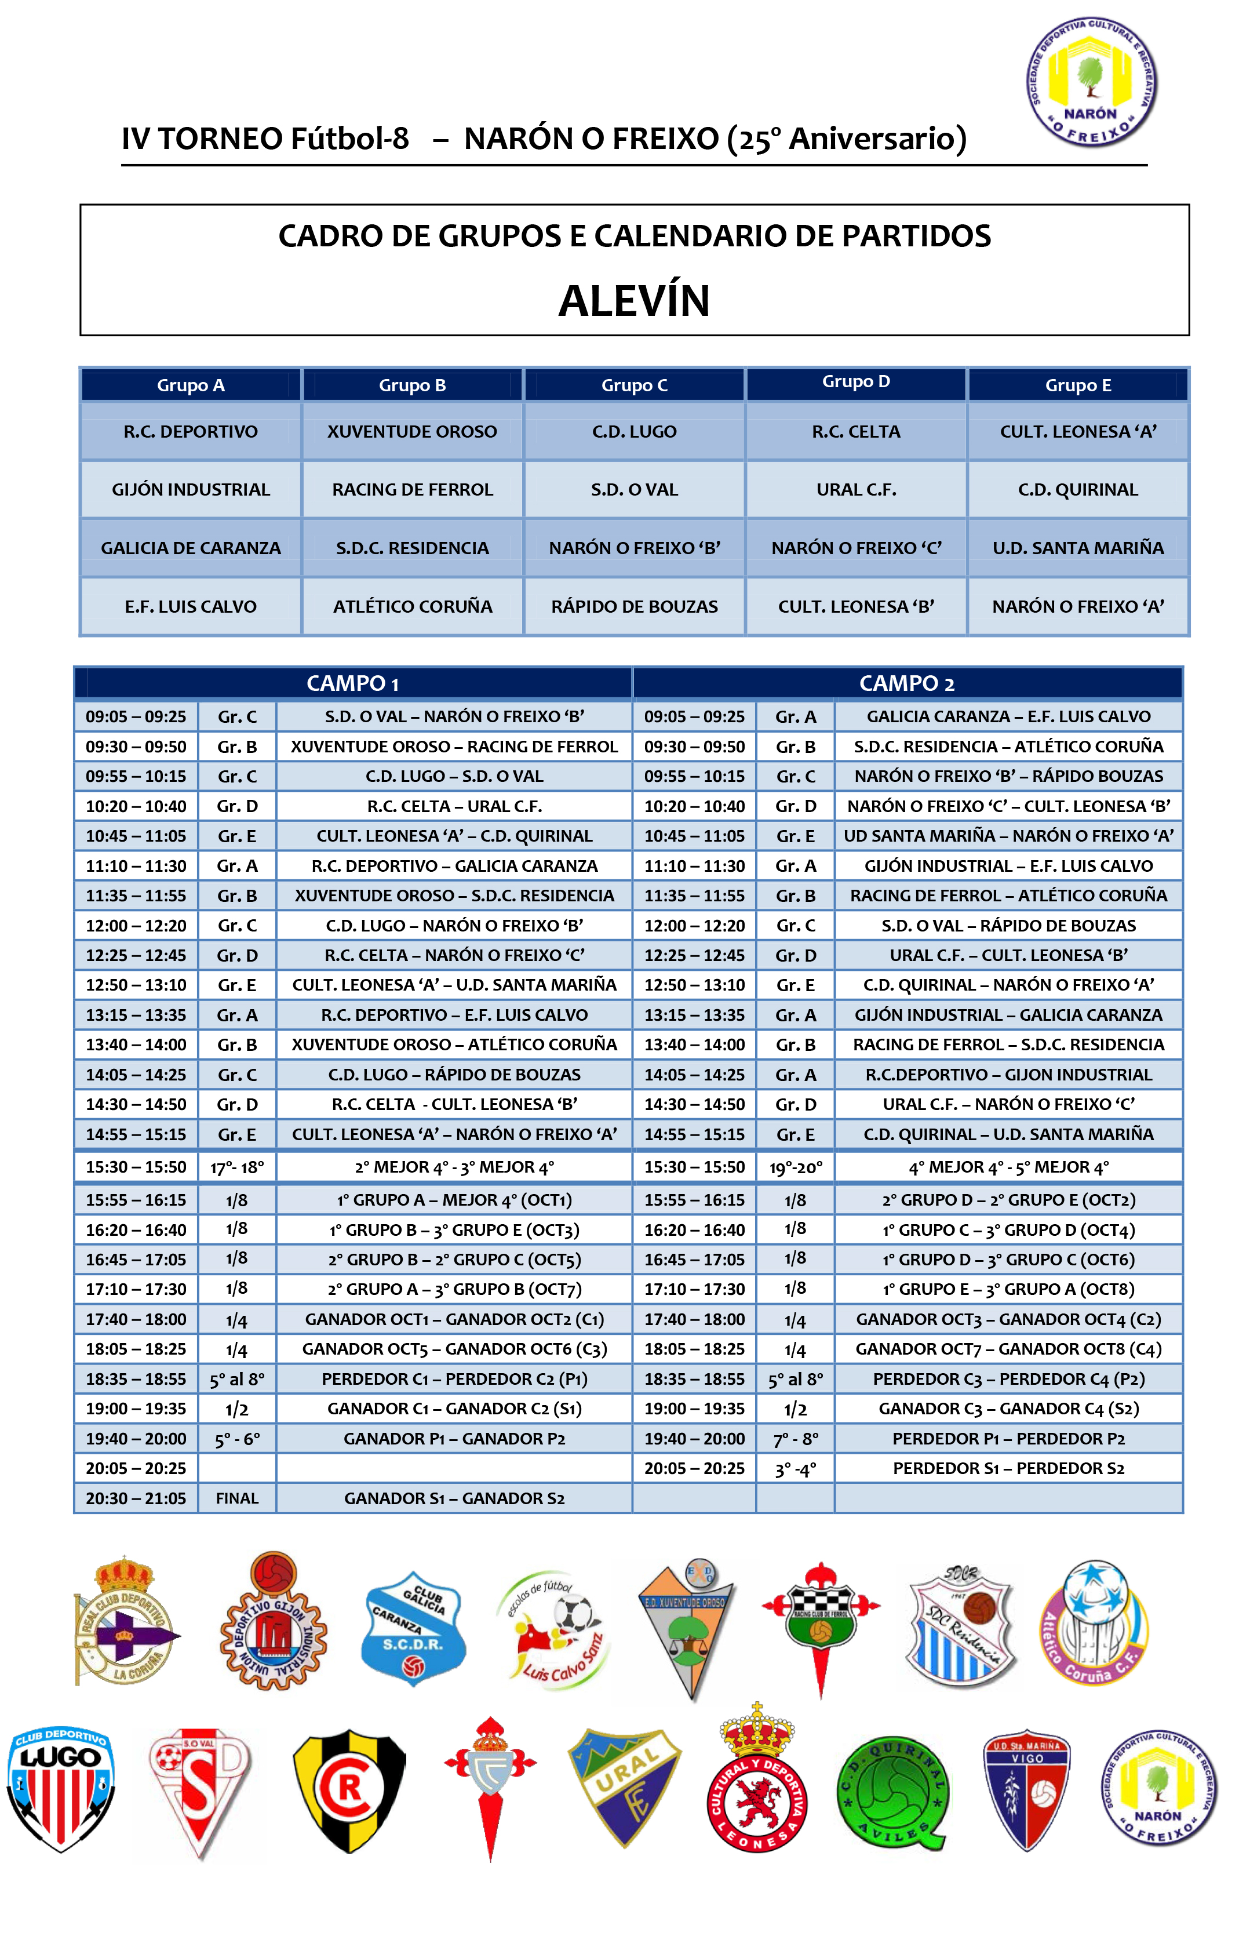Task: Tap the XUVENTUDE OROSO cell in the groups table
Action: pyautogui.click(x=413, y=432)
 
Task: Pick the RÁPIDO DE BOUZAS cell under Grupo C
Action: pyautogui.click(x=634, y=606)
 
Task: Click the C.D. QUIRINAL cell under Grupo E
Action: pyautogui.click(x=1077, y=489)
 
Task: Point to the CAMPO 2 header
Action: pyautogui.click(x=907, y=683)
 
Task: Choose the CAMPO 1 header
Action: pyautogui.click(x=352, y=683)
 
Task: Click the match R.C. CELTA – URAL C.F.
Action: pyautogui.click(x=454, y=806)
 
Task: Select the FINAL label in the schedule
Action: pyautogui.click(x=237, y=1498)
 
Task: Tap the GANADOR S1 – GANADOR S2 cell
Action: pyautogui.click(x=454, y=1498)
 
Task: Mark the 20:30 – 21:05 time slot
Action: pyautogui.click(x=136, y=1498)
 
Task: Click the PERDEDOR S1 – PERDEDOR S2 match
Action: pyautogui.click(x=1008, y=1468)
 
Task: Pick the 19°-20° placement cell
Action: pyautogui.click(x=796, y=1167)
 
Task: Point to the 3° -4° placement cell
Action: pyautogui.click(x=796, y=1468)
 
